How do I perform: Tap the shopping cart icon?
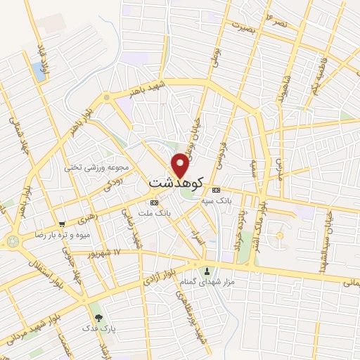[62, 224]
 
